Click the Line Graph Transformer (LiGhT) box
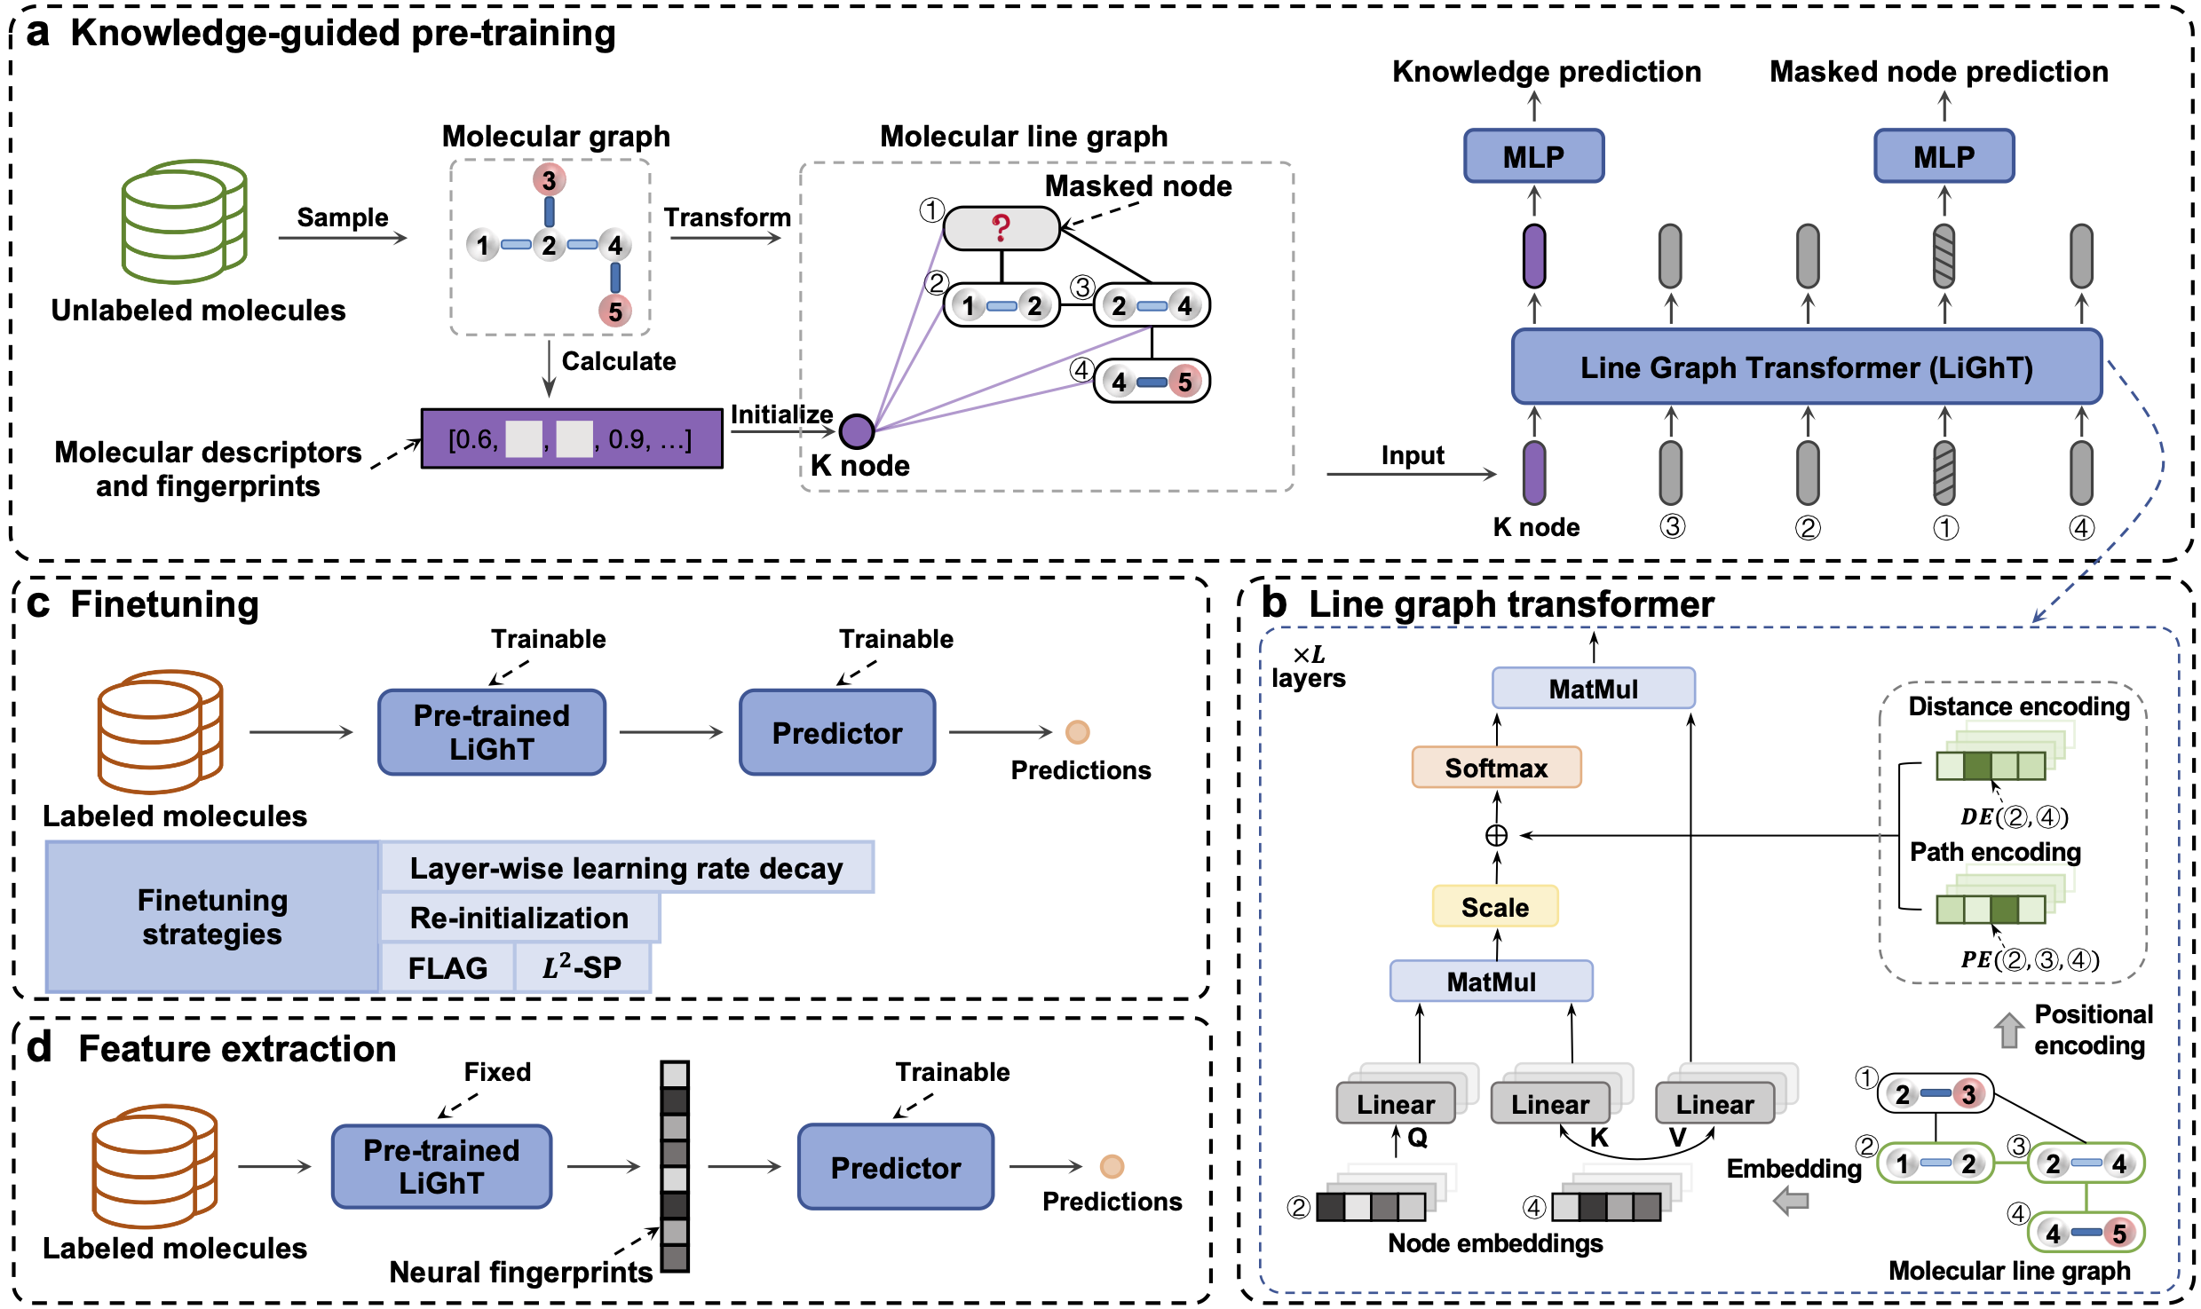[1806, 367]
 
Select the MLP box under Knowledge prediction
[1533, 156]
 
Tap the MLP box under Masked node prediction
[1944, 156]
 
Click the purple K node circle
[857, 432]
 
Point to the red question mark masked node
[1001, 228]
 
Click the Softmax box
[1496, 768]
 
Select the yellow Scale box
[1495, 907]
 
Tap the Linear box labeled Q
[1395, 1104]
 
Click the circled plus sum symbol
[1496, 835]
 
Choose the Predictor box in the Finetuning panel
[836, 733]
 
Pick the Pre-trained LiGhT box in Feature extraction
[441, 1166]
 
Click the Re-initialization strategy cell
[519, 918]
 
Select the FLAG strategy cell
[447, 967]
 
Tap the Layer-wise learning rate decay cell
[626, 868]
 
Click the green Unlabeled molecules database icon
[184, 222]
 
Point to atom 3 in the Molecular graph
[549, 180]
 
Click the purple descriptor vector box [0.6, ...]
[571, 438]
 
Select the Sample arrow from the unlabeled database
[343, 237]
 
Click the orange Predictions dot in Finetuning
[1077, 732]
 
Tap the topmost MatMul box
[1593, 689]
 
